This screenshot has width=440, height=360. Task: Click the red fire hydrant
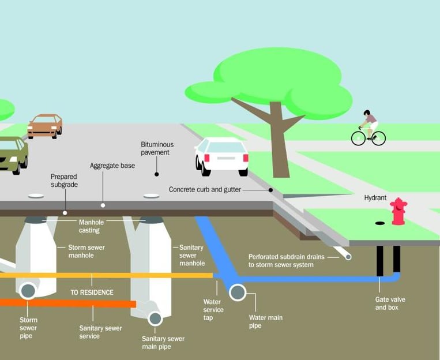pos(398,211)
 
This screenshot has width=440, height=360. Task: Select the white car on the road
pos(222,156)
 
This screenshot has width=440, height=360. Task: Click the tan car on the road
pos(45,125)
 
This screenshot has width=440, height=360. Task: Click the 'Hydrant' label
pos(375,197)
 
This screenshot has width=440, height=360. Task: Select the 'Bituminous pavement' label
pos(157,148)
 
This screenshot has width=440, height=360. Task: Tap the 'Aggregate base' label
pos(112,166)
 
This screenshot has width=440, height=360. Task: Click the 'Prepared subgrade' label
pos(64,181)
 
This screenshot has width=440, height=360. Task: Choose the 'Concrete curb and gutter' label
pos(205,189)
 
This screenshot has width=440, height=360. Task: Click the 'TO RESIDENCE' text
pos(92,292)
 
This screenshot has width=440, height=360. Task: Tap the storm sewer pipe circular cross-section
pos(27,290)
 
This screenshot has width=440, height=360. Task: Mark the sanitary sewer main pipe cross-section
pos(155,318)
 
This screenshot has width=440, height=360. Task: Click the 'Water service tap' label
pos(213,310)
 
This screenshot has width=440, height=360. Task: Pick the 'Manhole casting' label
pos(90,226)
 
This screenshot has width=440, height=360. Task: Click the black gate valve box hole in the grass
pos(379,222)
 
